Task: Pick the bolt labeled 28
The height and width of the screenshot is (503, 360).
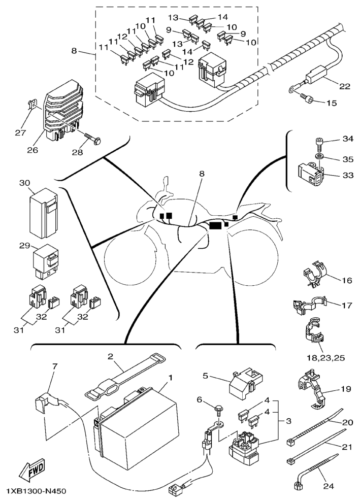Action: click(91, 137)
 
